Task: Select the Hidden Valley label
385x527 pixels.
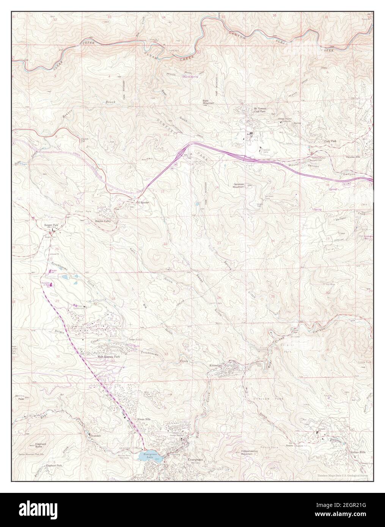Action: [102, 221]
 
